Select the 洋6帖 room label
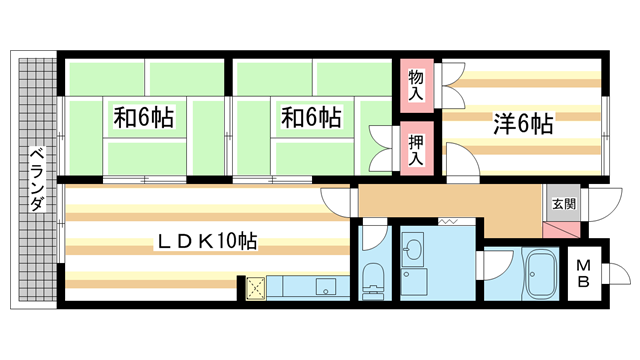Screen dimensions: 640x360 click(x=522, y=124)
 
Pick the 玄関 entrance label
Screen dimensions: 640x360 click(x=562, y=204)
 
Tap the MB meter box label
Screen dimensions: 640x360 click(x=585, y=272)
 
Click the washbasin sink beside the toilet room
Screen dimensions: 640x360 click(x=414, y=249)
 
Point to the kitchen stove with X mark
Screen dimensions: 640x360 click(x=254, y=288)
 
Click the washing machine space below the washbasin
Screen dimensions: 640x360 click(x=414, y=283)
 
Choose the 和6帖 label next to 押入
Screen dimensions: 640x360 click(x=311, y=118)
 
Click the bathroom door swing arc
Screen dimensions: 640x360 click(x=493, y=265)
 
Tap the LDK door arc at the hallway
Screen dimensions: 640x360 click(x=336, y=200)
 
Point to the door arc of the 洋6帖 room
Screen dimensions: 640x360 click(x=460, y=160)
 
